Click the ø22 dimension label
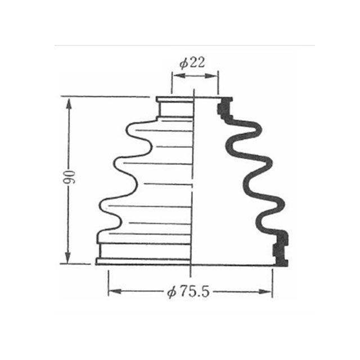tap(192, 62)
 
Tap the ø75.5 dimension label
tap(188, 292)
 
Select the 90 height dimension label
tap(69, 177)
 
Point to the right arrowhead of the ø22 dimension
tap(211, 76)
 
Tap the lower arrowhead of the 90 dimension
tap(67, 257)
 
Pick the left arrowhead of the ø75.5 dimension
tap(115, 291)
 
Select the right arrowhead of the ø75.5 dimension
tap(265, 291)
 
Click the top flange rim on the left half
tap(174, 99)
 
